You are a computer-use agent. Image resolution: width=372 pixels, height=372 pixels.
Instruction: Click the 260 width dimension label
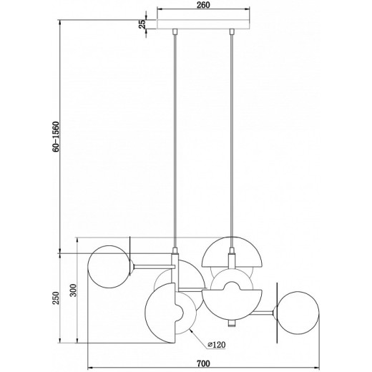point(203,5)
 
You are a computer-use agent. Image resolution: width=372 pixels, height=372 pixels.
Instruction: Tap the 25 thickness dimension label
point(142,24)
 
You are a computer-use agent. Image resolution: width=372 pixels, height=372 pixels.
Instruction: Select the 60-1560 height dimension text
point(56,137)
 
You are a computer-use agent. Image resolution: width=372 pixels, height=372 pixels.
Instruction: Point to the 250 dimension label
point(56,298)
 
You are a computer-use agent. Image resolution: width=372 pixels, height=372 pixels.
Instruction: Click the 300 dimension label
point(74,290)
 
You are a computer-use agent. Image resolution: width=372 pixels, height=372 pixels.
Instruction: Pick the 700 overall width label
point(203,363)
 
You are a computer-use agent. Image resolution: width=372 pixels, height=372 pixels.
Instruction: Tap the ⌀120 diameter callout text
point(216,345)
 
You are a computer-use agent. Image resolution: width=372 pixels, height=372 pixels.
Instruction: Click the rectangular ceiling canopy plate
point(203,24)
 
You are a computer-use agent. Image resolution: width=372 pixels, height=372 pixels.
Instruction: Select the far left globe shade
point(109,267)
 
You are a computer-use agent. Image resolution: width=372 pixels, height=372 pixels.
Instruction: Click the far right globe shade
point(298,313)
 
